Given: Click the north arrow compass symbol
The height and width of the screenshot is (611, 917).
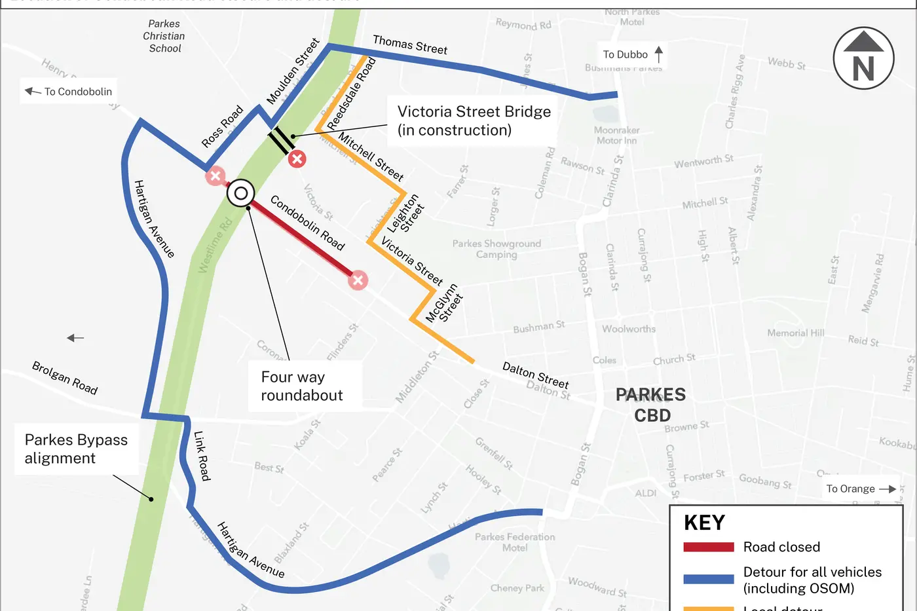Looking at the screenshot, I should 863,58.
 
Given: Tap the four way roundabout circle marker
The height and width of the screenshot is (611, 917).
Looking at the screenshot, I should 241,193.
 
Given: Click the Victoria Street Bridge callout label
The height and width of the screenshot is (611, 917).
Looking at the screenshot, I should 474,121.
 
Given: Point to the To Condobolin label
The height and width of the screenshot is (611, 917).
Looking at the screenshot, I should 69,92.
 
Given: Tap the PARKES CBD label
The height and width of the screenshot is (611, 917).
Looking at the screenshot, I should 651,405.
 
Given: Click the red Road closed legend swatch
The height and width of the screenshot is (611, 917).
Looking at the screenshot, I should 709,547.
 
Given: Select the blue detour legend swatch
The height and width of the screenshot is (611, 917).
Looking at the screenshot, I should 709,579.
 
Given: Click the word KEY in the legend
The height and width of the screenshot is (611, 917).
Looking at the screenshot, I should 705,523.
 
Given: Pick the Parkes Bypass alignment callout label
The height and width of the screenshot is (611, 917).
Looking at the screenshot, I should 77,449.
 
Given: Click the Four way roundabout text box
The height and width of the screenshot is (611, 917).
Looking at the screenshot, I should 302,386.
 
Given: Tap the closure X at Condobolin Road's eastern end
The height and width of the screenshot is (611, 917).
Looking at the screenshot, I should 358,281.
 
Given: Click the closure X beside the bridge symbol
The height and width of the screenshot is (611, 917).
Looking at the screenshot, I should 297,158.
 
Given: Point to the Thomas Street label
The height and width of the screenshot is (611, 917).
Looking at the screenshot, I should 410,45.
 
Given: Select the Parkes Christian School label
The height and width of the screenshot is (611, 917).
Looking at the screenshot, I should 164,36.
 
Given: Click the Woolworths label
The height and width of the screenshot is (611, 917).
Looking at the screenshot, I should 629,329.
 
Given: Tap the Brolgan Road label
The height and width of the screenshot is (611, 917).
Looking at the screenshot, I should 65,378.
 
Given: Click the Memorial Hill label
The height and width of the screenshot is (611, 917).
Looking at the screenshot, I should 796,333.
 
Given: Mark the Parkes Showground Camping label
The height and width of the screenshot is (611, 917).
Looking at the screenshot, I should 496,249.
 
